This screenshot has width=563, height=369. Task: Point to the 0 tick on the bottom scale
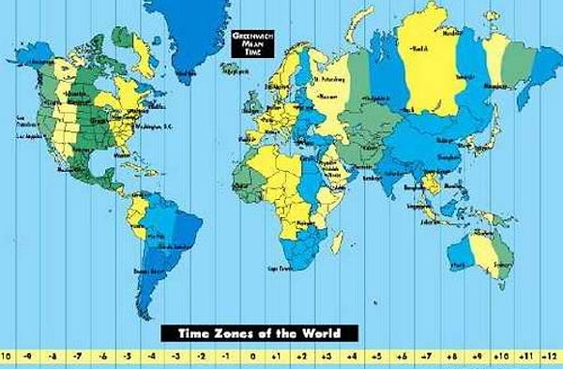pyautogui.click(x=251, y=358)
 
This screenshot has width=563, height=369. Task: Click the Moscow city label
pyautogui.click(x=327, y=96)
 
